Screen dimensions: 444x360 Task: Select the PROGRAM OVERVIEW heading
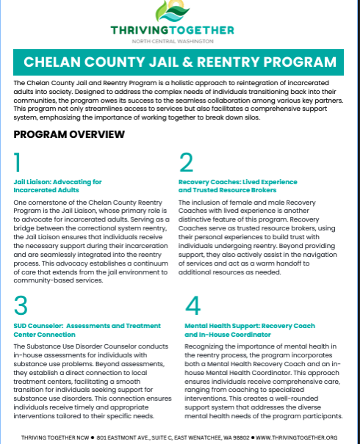pos(69,134)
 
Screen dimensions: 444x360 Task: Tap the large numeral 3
pos(21,305)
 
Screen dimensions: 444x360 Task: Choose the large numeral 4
pos(192,305)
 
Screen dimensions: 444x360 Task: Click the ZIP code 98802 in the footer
pos(240,437)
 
